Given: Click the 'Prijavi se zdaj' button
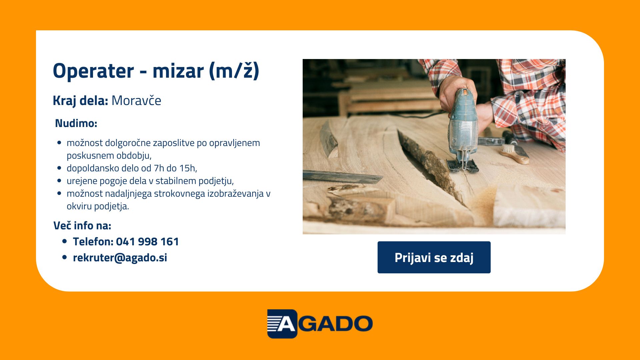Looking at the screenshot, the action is point(434,257).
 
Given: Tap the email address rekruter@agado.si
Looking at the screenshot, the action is point(120,258).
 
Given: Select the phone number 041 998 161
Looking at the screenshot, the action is point(147,242).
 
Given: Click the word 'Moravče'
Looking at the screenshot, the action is point(136,100).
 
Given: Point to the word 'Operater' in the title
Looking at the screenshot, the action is point(93,71).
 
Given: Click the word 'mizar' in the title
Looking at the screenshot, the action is point(178,71).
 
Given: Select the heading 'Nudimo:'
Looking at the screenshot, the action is point(76,123).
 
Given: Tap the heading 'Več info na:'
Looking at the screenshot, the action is point(82,226).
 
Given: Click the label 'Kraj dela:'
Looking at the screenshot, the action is point(80,100).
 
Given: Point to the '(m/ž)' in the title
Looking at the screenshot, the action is point(234,71).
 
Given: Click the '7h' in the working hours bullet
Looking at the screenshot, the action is point(159,168).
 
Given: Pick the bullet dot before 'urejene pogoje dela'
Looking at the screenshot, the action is point(59,181).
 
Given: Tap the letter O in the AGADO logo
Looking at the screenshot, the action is point(362,324).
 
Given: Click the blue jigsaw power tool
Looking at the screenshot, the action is point(463,130).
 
